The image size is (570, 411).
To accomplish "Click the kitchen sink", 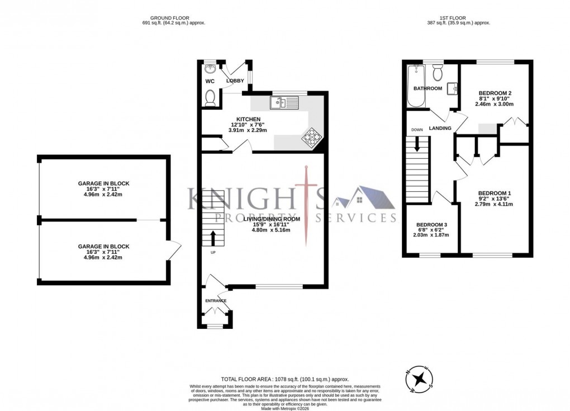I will click(284, 102).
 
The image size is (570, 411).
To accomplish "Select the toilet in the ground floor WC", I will click(210, 98).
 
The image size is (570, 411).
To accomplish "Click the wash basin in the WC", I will click(211, 69).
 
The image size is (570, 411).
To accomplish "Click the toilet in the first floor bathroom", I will click(438, 72).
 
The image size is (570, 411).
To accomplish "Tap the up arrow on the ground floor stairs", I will click(212, 238).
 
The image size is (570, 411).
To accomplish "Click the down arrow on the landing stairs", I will click(417, 145).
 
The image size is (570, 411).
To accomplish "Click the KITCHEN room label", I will click(248, 119).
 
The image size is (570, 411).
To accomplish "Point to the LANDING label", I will click(440, 129).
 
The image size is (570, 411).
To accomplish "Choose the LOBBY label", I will click(235, 81).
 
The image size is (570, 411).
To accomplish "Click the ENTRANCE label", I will click(216, 301).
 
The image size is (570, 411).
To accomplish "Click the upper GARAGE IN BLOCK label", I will click(103, 183).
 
